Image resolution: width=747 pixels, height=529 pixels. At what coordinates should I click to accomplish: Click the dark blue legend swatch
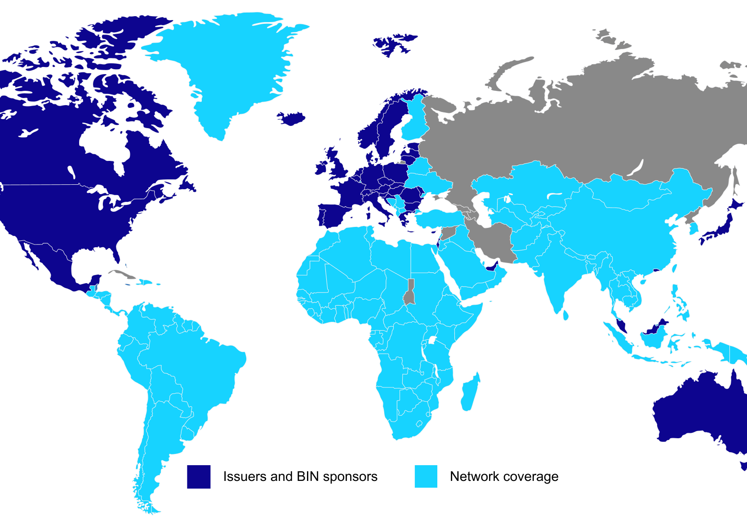pyautogui.click(x=199, y=476)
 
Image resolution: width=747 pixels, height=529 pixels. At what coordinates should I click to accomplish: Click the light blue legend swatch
pyautogui.click(x=426, y=476)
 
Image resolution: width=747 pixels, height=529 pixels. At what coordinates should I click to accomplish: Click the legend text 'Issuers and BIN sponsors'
pyautogui.click(x=300, y=476)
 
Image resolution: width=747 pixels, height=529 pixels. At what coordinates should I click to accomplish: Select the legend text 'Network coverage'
pyautogui.click(x=504, y=476)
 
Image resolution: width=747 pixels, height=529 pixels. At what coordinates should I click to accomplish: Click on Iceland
pyautogui.click(x=291, y=118)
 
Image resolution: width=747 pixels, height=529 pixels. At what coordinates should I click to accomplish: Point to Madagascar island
pyautogui.click(x=470, y=391)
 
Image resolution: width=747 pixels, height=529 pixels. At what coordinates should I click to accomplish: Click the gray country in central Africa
pyautogui.click(x=410, y=294)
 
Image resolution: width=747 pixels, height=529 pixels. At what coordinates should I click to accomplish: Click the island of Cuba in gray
pyautogui.click(x=124, y=274)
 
